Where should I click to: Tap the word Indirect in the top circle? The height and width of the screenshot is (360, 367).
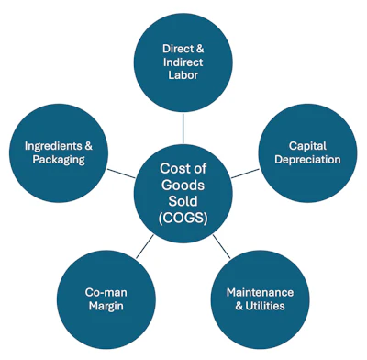click(x=183, y=62)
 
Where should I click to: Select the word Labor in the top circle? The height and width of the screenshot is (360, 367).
click(x=183, y=77)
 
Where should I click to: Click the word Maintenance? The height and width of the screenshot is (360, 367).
click(x=268, y=292)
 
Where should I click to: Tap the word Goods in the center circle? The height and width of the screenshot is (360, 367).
click(x=183, y=185)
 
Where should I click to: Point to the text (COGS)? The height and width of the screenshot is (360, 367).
click(x=183, y=218)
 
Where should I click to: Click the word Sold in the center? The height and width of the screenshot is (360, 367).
click(x=183, y=201)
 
